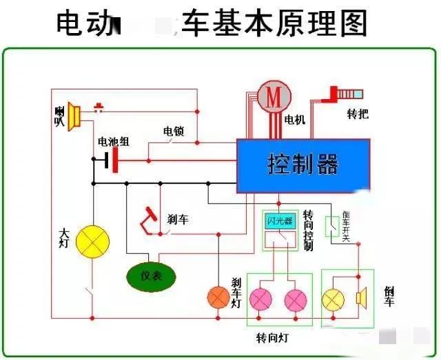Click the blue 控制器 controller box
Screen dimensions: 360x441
click(303, 165)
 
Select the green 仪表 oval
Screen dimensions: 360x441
click(151, 276)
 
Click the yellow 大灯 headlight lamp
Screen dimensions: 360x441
click(92, 241)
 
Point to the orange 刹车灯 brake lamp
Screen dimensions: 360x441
click(218, 297)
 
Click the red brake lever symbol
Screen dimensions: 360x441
click(149, 219)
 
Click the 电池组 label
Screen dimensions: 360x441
click(113, 142)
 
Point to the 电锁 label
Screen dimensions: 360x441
click(173, 131)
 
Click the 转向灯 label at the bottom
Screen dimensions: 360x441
click(271, 339)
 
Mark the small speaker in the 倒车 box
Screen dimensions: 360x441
click(360, 298)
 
